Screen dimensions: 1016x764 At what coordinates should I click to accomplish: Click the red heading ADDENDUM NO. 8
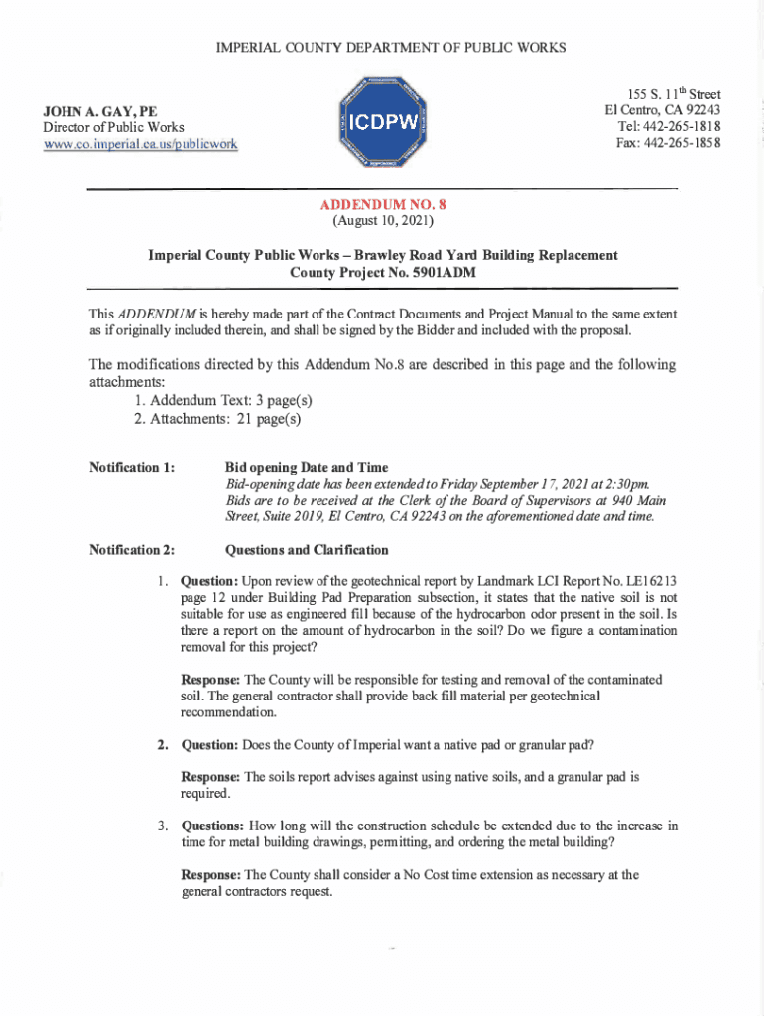pyautogui.click(x=383, y=203)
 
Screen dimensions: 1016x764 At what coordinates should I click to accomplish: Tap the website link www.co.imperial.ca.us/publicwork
pyautogui.click(x=140, y=144)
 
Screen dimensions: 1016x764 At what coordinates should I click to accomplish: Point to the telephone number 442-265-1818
pyautogui.click(x=682, y=126)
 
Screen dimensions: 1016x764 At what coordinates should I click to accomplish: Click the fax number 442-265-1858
pyautogui.click(x=683, y=142)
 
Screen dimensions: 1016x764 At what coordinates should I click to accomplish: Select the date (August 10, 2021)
pyautogui.click(x=383, y=219)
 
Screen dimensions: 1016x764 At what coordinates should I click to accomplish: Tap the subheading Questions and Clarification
pyautogui.click(x=308, y=549)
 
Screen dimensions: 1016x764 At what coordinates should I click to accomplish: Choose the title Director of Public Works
pyautogui.click(x=113, y=127)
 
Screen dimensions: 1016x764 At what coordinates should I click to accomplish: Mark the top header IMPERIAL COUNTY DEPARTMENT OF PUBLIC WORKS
pyautogui.click(x=382, y=47)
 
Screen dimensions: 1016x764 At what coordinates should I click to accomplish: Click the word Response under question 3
pyautogui.click(x=210, y=875)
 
